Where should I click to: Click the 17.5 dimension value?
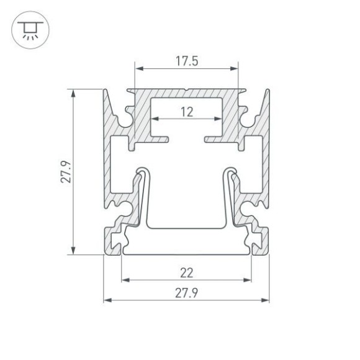coord(186,61)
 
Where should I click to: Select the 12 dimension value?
coord(186,112)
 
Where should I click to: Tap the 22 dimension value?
coord(186,272)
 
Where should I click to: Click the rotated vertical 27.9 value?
coord(66,173)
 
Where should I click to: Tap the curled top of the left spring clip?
coord(142,170)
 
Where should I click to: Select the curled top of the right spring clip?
coord(231,170)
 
